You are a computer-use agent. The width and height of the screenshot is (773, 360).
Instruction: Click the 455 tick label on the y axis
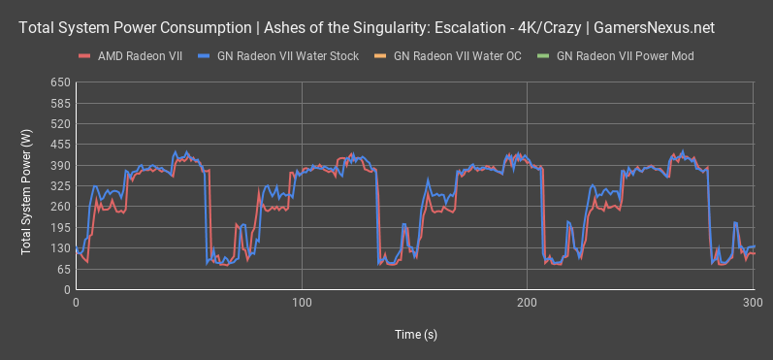[x=60, y=144]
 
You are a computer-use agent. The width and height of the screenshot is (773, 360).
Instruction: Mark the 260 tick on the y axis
[x=60, y=206]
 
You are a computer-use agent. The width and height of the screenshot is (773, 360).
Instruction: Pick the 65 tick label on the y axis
[x=63, y=269]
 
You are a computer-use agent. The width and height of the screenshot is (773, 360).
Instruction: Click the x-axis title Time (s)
[x=415, y=334]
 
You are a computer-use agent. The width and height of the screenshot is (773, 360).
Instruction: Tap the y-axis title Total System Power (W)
[x=26, y=185]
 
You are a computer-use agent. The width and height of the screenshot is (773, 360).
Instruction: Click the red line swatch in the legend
[x=85, y=56]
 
